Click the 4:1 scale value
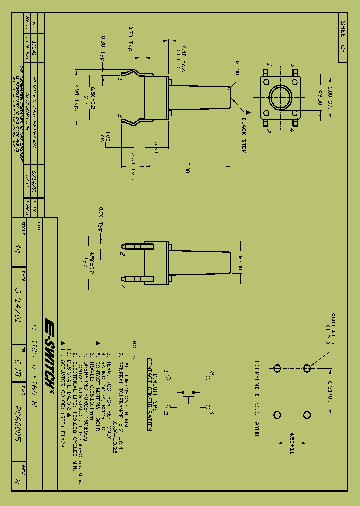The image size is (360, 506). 18,248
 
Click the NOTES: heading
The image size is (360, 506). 134,346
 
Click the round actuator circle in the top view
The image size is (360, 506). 281,97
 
